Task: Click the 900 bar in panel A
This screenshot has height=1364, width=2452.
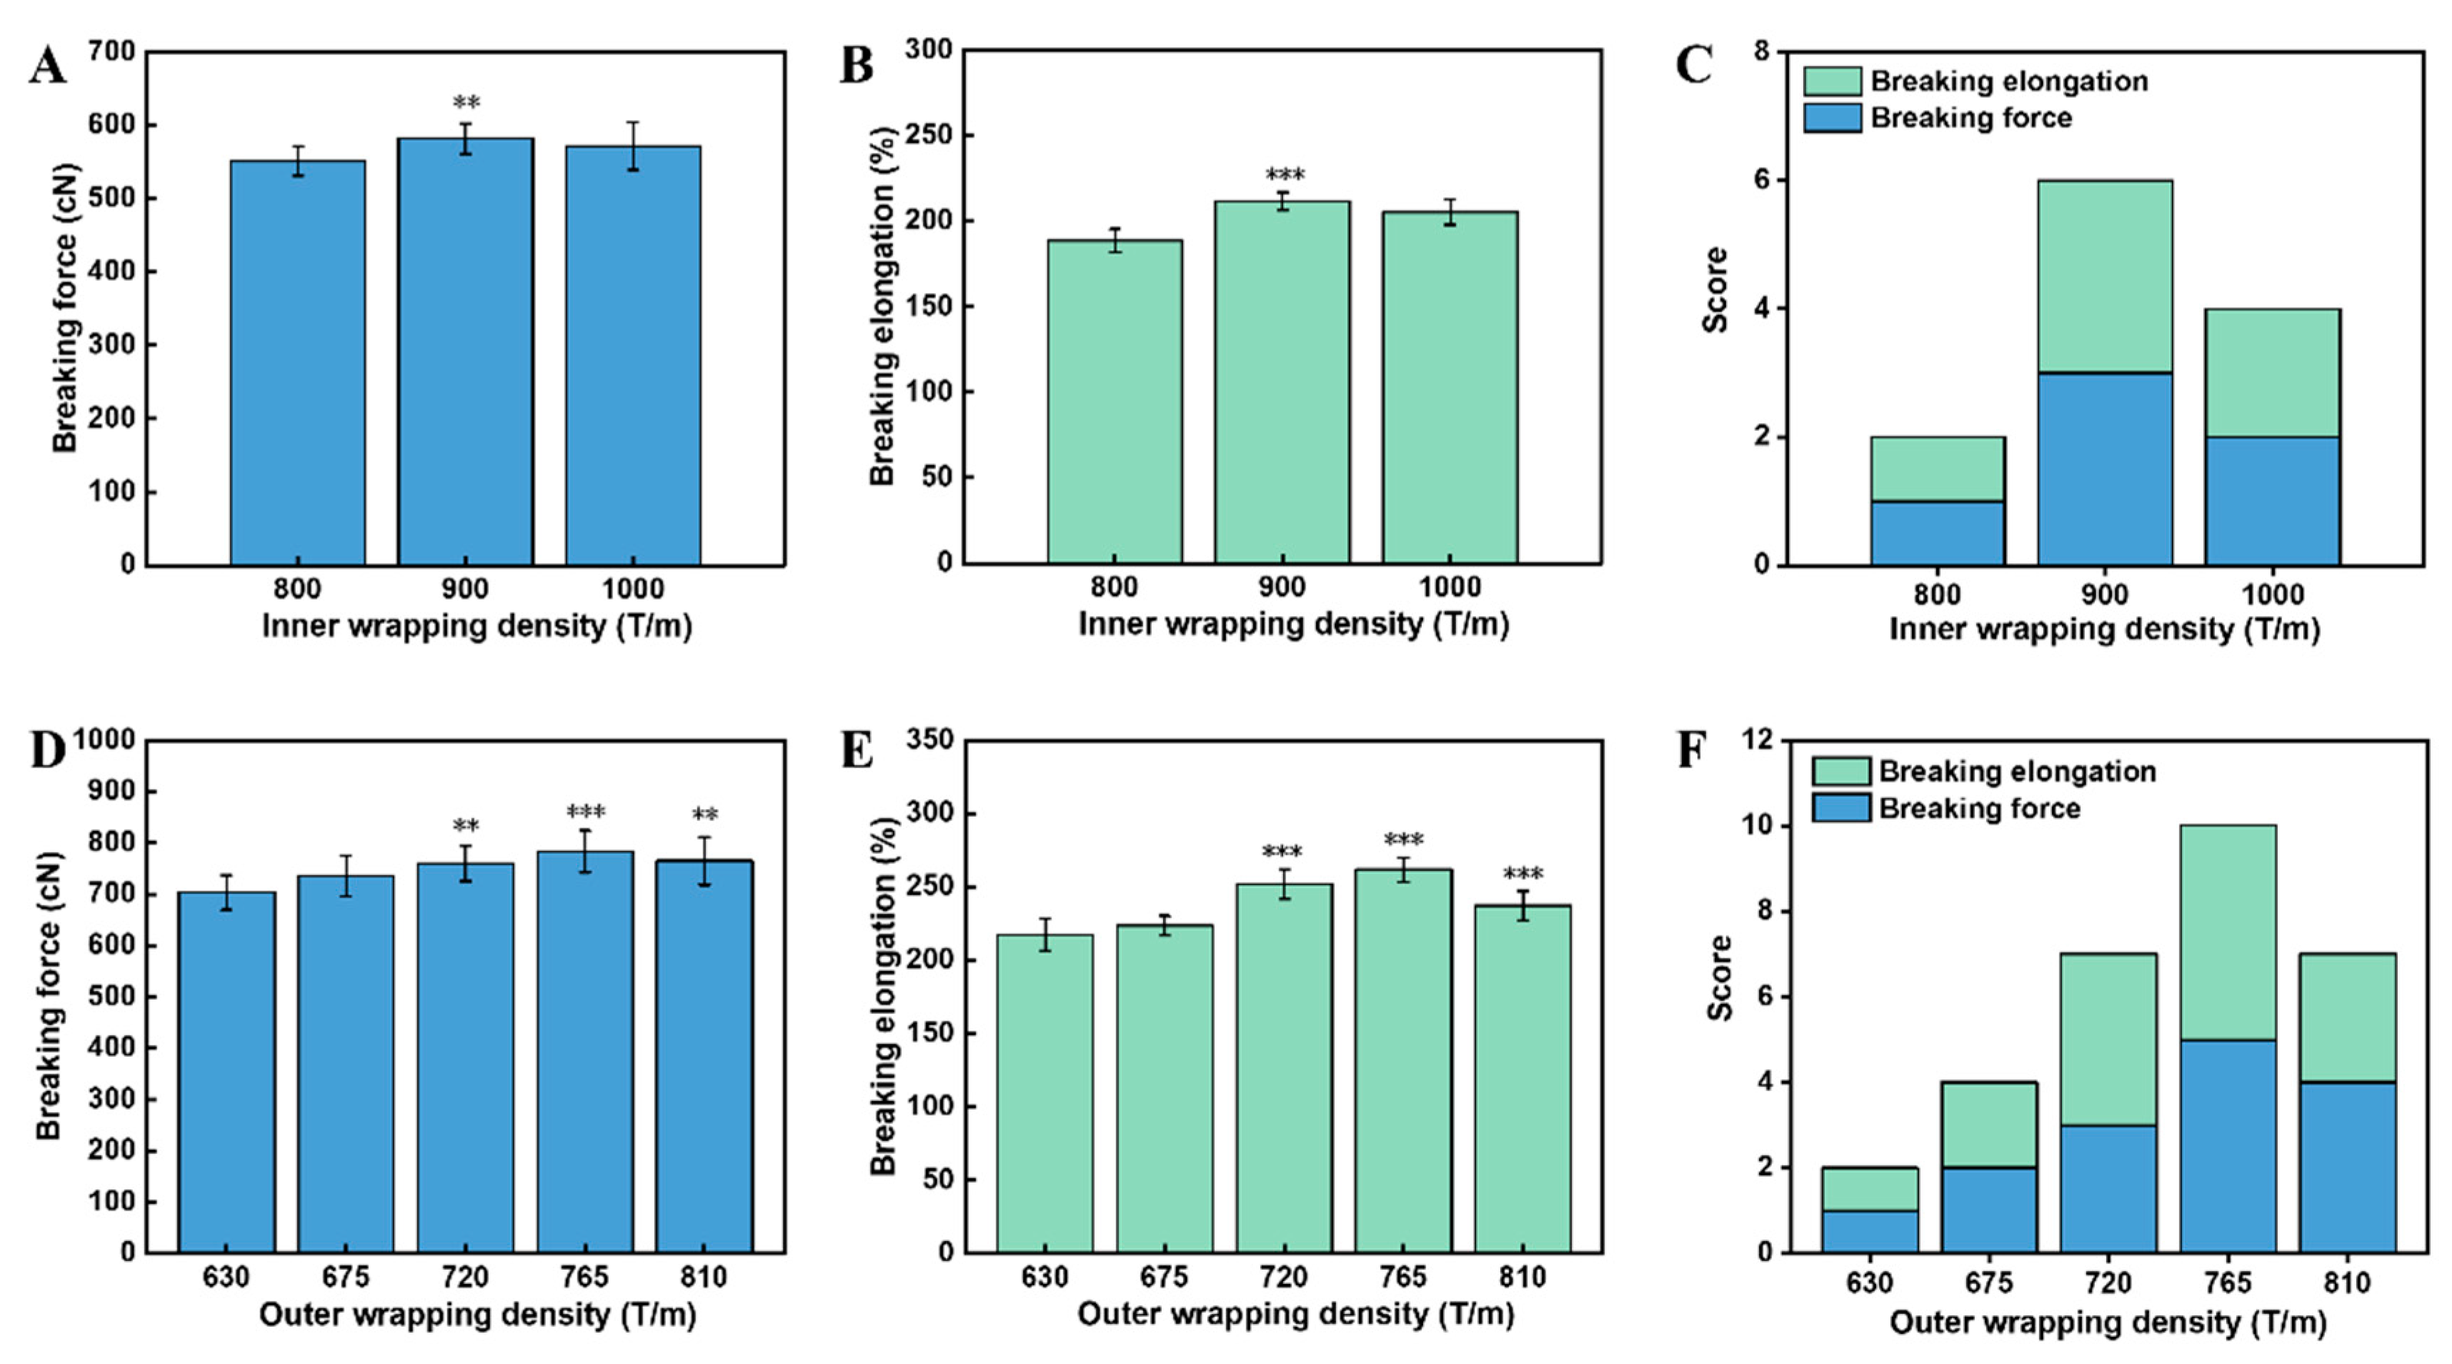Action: click(x=464, y=352)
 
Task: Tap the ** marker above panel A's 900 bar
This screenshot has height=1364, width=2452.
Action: click(x=465, y=103)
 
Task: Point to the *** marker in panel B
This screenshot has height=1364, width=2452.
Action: click(x=1284, y=175)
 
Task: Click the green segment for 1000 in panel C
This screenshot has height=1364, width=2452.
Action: click(x=2272, y=373)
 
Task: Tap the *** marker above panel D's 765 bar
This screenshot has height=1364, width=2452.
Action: click(x=585, y=812)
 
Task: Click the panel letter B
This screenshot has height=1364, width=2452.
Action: click(x=857, y=66)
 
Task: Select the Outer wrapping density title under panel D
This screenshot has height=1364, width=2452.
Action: click(x=478, y=1315)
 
